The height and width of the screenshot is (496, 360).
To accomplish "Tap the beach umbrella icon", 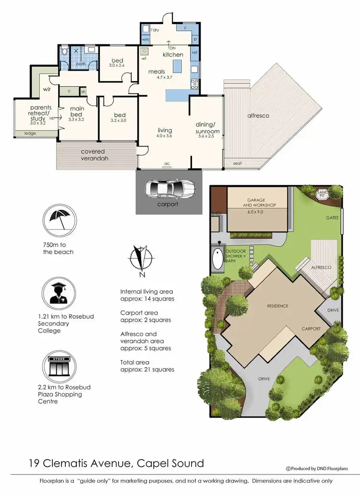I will tap(60, 220).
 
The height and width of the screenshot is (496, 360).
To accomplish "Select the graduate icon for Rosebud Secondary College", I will tap(60, 293).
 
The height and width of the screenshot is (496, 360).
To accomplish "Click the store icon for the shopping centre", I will tap(60, 366).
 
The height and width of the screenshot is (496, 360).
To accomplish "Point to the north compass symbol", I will tap(141, 260).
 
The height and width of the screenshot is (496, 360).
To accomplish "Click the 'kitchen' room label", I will tap(173, 55).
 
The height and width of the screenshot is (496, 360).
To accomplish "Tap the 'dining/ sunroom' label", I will tap(207, 128).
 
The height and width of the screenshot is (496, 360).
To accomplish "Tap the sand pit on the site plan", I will tap(322, 193).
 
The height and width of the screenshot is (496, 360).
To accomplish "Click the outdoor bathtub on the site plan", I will tap(218, 259).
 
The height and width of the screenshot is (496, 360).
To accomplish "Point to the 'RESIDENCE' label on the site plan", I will tap(277, 305).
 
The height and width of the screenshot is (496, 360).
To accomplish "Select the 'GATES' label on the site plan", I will tap(331, 218).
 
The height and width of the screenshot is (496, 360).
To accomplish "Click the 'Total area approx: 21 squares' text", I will tap(147, 366).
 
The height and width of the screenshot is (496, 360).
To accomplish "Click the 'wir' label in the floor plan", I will tap(47, 89).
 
